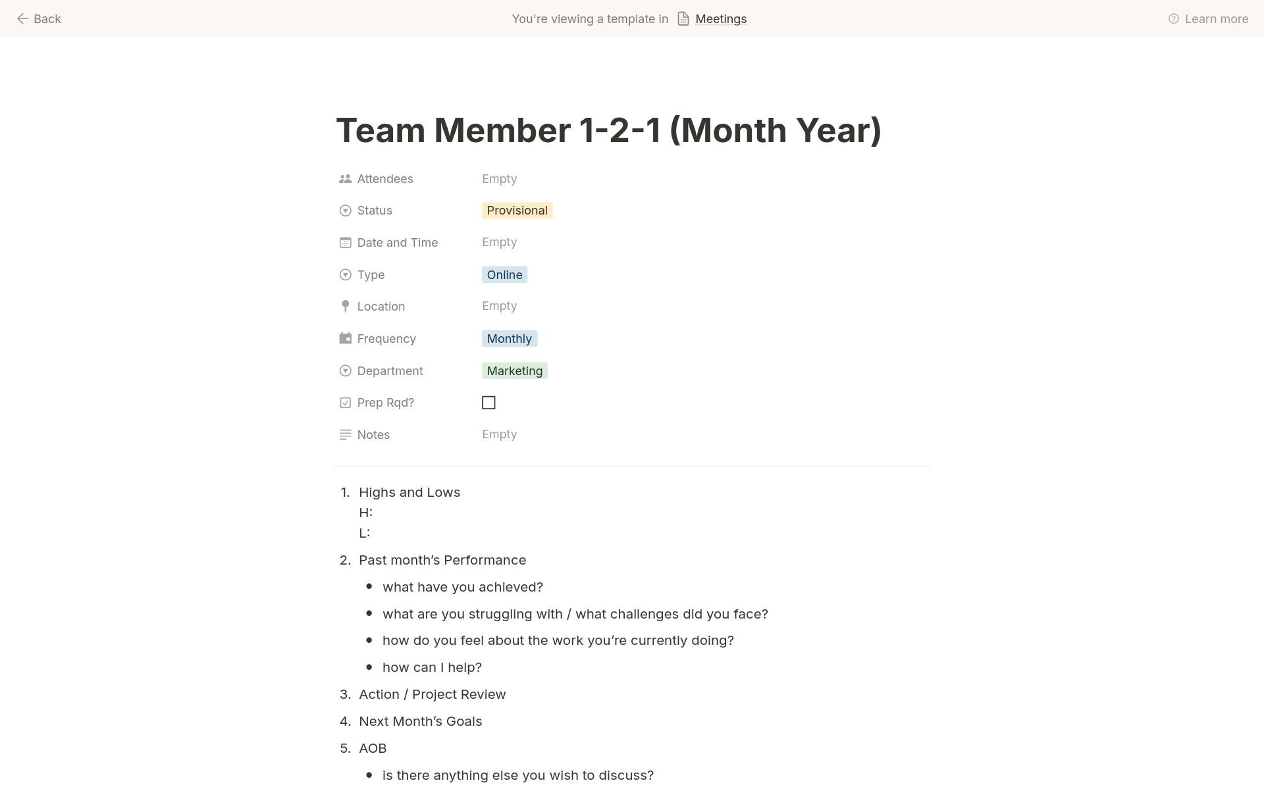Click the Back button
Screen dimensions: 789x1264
coord(39,19)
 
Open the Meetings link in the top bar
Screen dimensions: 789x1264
coord(720,19)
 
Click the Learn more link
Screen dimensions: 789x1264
coord(1215,19)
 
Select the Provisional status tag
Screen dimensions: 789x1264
coord(517,211)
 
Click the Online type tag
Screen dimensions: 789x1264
coord(504,275)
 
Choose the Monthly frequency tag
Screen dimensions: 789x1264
coord(509,339)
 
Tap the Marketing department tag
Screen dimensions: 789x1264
coord(514,371)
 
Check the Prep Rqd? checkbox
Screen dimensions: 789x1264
coord(488,403)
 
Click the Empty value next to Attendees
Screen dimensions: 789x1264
coord(499,179)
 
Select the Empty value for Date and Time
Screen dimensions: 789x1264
coord(499,242)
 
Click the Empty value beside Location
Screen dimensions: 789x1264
coord(499,306)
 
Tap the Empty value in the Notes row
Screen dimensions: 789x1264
coord(499,434)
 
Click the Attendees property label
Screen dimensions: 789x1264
coord(385,179)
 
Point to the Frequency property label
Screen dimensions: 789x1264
coord(386,339)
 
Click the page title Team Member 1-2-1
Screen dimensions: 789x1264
coord(608,130)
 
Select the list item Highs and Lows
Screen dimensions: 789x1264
coord(409,492)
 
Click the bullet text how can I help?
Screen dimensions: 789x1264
coord(432,667)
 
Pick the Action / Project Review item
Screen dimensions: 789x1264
coord(432,694)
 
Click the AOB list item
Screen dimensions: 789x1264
coord(373,748)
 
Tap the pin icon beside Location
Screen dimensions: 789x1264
coord(345,307)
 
